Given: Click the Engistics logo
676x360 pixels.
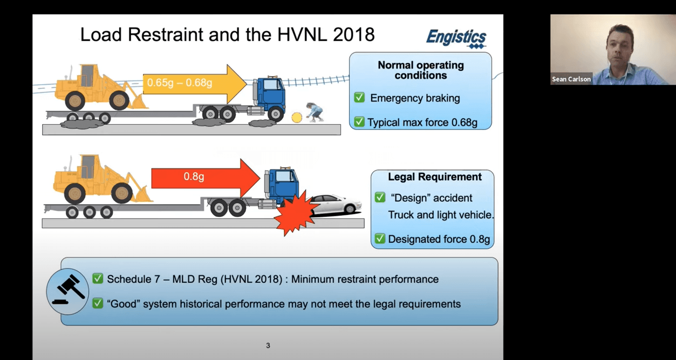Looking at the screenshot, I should click(456, 38).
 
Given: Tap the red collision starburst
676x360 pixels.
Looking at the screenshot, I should click(294, 212).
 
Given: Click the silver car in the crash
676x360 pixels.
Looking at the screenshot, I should click(336, 205).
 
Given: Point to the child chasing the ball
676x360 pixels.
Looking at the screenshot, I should click(314, 111).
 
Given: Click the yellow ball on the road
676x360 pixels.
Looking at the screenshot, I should click(296, 117).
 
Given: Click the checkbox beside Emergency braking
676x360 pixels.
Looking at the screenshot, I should click(359, 98).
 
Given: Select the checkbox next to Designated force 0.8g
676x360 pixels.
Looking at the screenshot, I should click(380, 239).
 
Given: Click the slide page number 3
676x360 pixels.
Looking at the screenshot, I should click(268, 345).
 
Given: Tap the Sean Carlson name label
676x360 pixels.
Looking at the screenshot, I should click(571, 79).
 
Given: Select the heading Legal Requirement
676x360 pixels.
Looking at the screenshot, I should click(427, 177).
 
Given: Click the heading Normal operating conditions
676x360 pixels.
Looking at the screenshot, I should click(420, 70).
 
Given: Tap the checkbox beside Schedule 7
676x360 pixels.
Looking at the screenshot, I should click(98, 279).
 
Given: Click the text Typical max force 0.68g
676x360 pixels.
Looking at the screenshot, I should click(422, 123).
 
